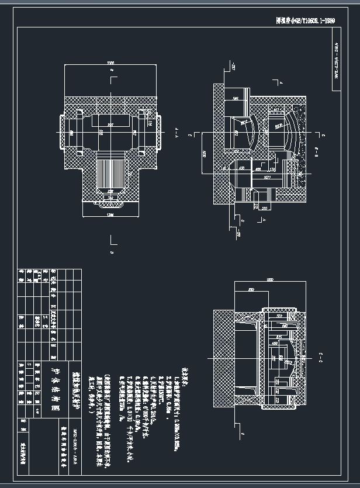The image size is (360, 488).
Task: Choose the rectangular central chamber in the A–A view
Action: click(109, 131)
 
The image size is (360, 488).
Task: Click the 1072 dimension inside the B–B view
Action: click(267, 176)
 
